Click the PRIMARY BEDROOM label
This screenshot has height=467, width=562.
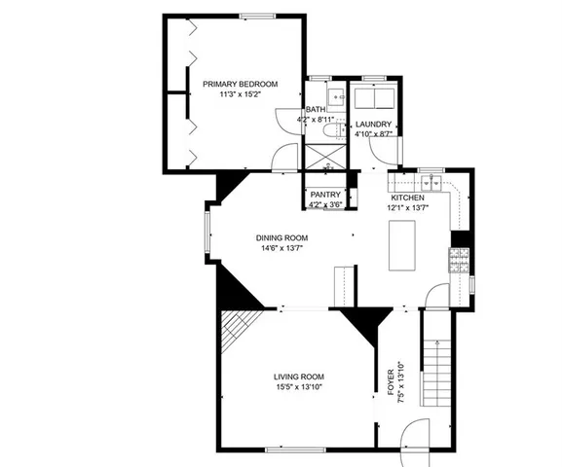tap(240, 85)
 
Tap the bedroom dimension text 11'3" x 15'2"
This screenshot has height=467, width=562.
tap(240, 95)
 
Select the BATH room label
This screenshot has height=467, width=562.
tap(316, 110)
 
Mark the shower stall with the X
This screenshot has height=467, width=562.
tap(321, 156)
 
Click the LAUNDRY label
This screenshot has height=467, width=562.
tap(373, 125)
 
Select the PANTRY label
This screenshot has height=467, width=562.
tap(324, 195)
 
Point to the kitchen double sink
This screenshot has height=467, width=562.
tap(431, 183)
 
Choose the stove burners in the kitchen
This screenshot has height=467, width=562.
tap(458, 259)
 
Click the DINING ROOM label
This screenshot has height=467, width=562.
tap(282, 237)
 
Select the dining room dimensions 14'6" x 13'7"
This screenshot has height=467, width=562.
tap(282, 248)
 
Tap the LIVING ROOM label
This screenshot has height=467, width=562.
tap(298, 377)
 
